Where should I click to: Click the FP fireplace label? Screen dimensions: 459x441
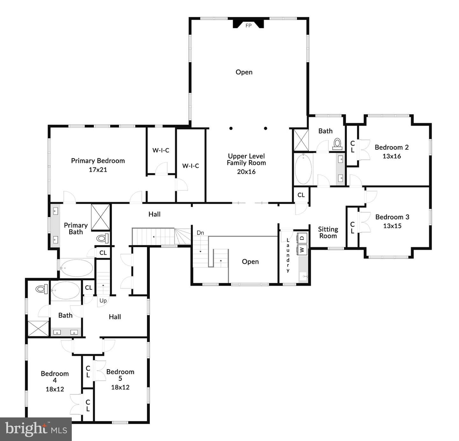(248, 26)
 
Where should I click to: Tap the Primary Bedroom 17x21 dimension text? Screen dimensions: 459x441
(98, 170)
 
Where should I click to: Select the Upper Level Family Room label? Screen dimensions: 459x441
(246, 159)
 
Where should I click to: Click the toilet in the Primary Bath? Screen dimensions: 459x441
(103, 238)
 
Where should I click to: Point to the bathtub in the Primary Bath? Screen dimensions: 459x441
(76, 268)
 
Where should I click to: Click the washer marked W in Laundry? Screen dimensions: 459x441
(302, 249)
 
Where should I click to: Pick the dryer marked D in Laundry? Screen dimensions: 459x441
(302, 238)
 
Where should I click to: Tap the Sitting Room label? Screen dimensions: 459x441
(328, 233)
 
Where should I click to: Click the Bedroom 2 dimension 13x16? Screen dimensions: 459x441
(391, 156)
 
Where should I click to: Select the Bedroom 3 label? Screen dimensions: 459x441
(392, 217)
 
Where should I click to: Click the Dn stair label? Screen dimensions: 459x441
(200, 233)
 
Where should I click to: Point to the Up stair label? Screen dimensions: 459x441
(103, 301)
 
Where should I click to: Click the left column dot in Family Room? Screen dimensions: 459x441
(231, 129)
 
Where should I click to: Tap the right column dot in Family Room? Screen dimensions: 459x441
(266, 129)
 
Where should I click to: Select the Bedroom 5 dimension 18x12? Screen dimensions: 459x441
(120, 387)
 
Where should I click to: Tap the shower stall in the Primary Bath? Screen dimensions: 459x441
(100, 217)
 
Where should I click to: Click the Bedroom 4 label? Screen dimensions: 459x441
(55, 377)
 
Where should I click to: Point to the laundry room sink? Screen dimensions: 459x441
(303, 276)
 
